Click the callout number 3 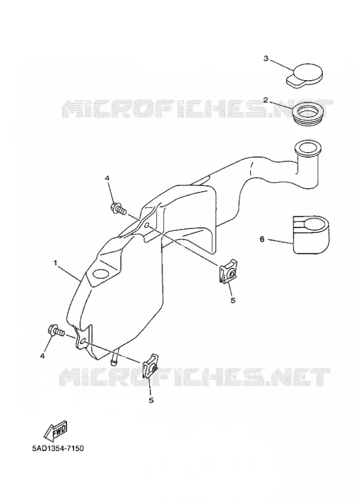tap(266, 59)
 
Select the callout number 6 tap(262, 239)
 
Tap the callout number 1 tap(55, 263)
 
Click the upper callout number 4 tap(107, 179)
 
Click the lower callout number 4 tap(42, 356)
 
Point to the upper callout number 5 tap(233, 300)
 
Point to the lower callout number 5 tap(151, 400)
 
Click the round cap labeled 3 tap(305, 75)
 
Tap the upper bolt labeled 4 tap(119, 209)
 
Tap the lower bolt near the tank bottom tap(56, 331)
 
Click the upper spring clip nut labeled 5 tap(228, 272)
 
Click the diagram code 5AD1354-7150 tap(58, 449)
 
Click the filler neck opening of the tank tap(307, 148)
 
